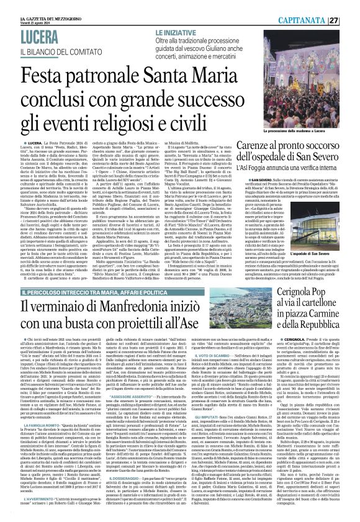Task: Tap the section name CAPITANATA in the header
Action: click(x=322, y=20)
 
